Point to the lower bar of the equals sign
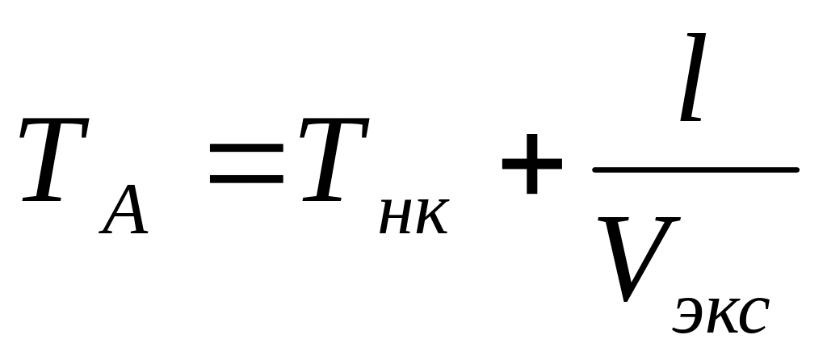[246, 177]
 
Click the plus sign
[531, 164]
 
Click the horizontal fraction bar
[695, 170]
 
